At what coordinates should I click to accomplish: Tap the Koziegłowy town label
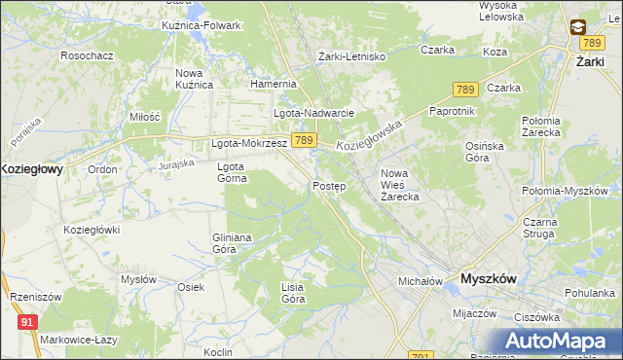[x=31, y=168]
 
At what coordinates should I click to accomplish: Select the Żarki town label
[x=592, y=60]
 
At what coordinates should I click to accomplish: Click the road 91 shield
[x=27, y=320]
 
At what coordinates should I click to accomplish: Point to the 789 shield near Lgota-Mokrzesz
[x=303, y=141]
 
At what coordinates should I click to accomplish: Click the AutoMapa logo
[x=561, y=341]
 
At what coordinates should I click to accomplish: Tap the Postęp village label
[x=328, y=186]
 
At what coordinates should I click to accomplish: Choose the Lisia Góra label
[x=293, y=293]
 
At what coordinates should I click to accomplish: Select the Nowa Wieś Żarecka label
[x=399, y=185]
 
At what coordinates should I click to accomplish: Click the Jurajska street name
[x=176, y=165]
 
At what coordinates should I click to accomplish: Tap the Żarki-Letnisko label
[x=352, y=56]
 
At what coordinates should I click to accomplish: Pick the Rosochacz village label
[x=87, y=55]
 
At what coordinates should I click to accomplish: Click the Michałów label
[x=421, y=281]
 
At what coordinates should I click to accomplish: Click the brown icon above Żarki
[x=578, y=26]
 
